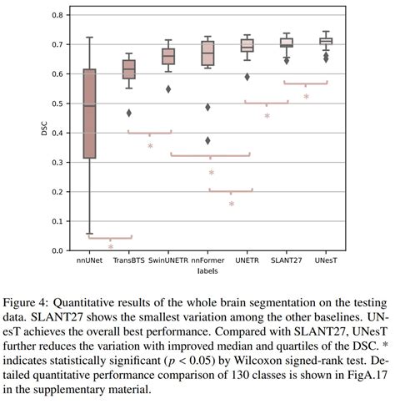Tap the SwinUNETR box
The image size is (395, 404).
click(168, 56)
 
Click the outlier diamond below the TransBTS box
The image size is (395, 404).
click(129, 113)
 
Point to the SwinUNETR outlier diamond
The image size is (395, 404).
click(168, 89)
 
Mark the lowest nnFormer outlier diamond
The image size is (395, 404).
click(207, 140)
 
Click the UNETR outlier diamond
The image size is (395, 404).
click(247, 77)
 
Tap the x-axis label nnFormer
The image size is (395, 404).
click(207, 260)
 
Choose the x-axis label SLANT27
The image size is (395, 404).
click(286, 260)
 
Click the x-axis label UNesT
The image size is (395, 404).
click(325, 260)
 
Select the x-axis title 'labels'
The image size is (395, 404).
click(207, 271)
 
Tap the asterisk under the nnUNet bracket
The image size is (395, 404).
click(110, 247)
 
